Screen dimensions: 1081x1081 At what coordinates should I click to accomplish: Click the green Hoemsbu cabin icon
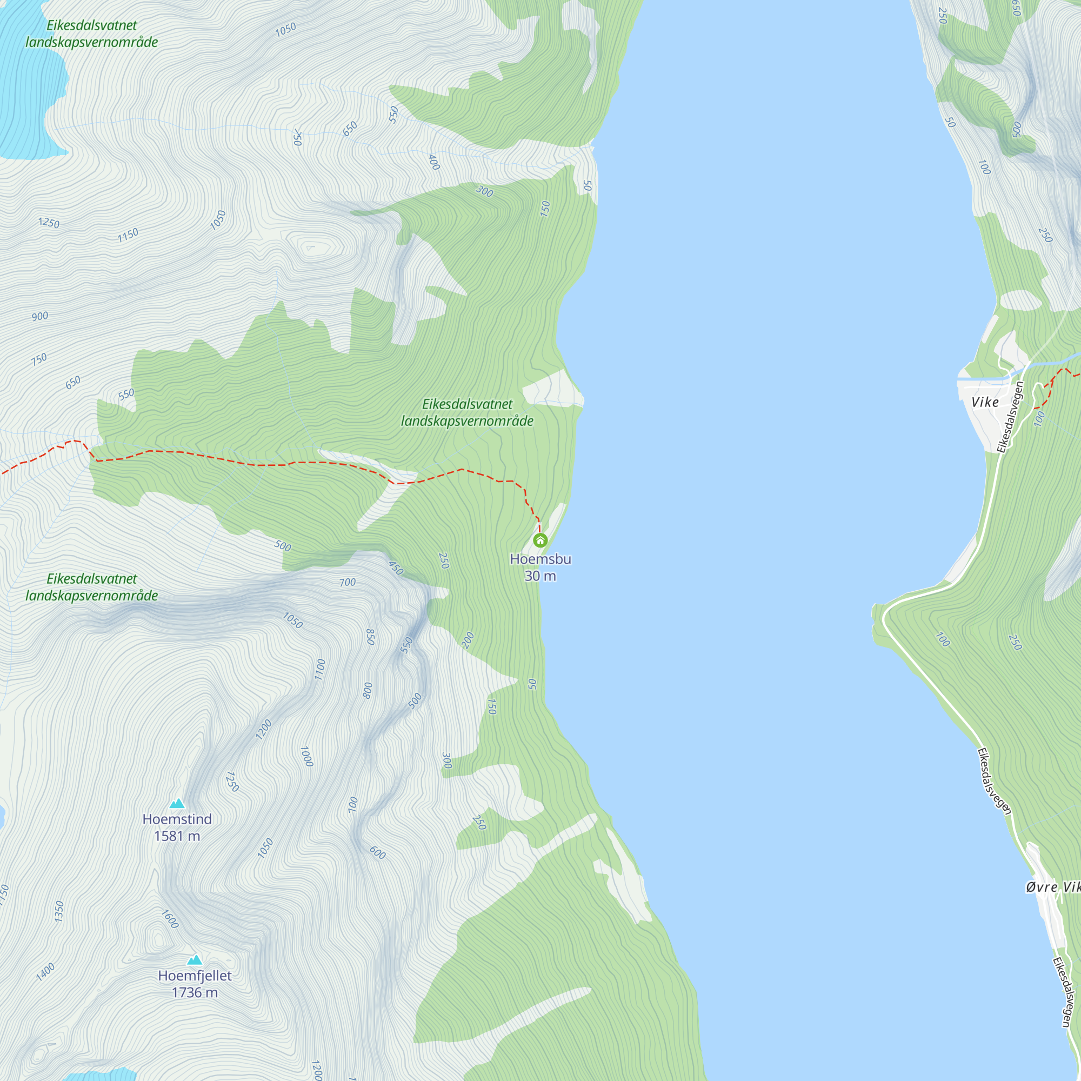tap(540, 540)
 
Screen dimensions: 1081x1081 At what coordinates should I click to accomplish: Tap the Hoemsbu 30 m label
tap(540, 567)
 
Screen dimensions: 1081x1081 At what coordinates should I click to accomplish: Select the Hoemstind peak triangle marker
tap(177, 804)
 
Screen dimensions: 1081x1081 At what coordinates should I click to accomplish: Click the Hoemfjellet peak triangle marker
tap(194, 959)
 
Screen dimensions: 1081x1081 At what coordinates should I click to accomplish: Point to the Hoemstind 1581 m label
tap(177, 827)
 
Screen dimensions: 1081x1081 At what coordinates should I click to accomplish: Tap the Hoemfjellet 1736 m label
tap(194, 984)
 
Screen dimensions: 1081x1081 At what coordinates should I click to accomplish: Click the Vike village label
tap(985, 402)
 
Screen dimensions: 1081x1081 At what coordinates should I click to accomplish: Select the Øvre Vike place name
tap(1052, 887)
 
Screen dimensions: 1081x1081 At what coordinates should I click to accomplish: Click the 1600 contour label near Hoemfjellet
tap(170, 919)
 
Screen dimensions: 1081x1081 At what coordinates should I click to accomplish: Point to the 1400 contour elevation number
tap(45, 971)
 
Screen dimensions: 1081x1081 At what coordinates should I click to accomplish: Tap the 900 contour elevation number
tap(39, 316)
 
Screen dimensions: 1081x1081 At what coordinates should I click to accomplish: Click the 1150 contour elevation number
tap(128, 235)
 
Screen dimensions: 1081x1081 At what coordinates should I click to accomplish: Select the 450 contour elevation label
tap(396, 568)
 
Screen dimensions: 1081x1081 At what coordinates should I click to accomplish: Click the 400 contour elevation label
tap(433, 162)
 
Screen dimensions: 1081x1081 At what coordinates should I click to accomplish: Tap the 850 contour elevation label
tap(370, 637)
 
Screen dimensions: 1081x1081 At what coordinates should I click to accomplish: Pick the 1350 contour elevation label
tap(59, 911)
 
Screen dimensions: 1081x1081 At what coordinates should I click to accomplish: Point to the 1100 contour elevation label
tap(319, 669)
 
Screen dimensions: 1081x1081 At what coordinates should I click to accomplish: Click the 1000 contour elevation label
tap(306, 757)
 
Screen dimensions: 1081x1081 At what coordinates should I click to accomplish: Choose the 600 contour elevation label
tap(378, 853)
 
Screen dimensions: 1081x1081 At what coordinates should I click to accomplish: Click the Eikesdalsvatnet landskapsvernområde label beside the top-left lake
tap(92, 34)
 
